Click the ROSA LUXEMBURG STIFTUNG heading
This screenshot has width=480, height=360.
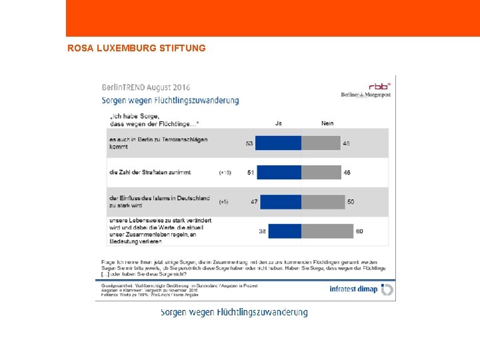[x=137, y=48]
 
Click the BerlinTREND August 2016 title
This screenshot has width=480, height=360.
[x=146, y=87]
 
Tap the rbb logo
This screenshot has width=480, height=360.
[x=379, y=86]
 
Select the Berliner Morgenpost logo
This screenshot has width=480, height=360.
[x=367, y=99]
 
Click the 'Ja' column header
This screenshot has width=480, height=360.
[x=278, y=123]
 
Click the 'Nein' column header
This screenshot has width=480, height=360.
[x=327, y=123]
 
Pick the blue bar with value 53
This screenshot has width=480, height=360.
[x=279, y=143]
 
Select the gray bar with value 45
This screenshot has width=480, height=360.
[x=321, y=143]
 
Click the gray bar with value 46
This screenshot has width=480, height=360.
[x=321, y=172]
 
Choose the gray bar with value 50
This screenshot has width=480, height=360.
[x=323, y=201]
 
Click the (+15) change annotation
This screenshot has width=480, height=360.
[x=225, y=173]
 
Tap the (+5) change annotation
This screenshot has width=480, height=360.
[x=224, y=201]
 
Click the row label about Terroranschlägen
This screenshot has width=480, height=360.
[x=158, y=143]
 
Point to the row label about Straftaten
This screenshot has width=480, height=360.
[x=150, y=172]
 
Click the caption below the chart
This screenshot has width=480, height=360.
[x=234, y=312]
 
